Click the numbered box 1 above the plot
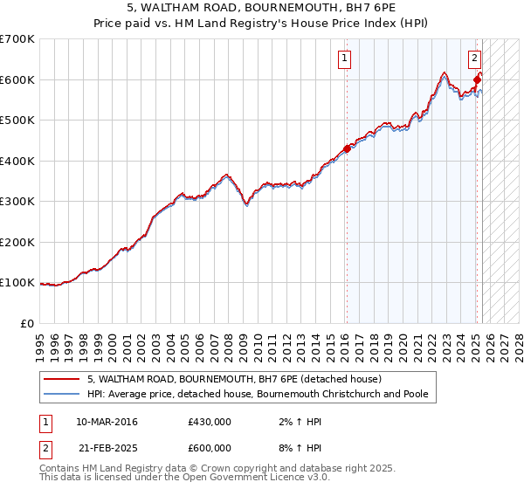pyautogui.click(x=345, y=59)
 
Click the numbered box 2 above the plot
pyautogui.click(x=474, y=59)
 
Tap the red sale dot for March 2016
pyautogui.click(x=347, y=148)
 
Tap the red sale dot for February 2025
pyautogui.click(x=477, y=80)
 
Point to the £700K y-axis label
pyautogui.click(x=17, y=39)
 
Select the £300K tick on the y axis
pyautogui.click(x=17, y=201)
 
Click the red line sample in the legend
pyautogui.click(x=61, y=380)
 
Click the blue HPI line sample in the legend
pyautogui.click(x=61, y=394)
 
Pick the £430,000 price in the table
pyautogui.click(x=210, y=422)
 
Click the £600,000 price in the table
pyautogui.click(x=210, y=448)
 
